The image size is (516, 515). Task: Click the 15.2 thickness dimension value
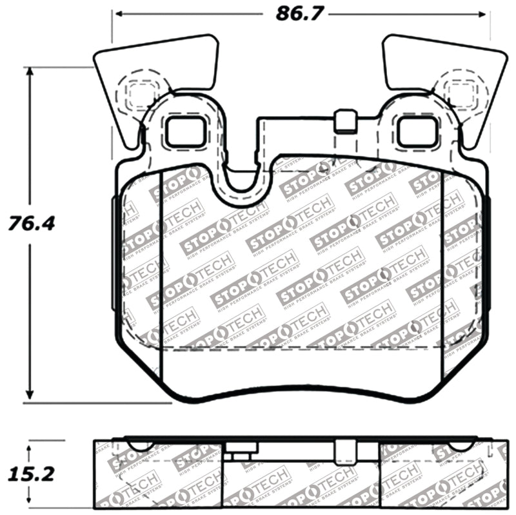30,475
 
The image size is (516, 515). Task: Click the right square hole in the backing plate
415,133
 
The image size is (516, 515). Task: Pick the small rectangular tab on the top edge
346,121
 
